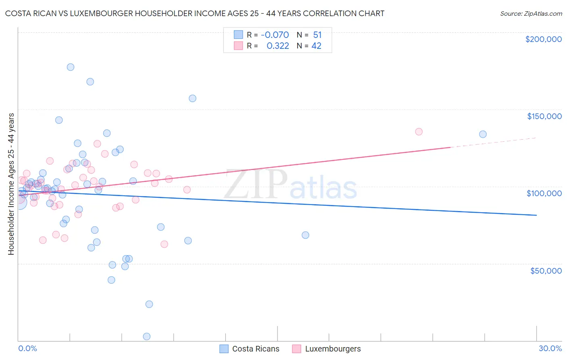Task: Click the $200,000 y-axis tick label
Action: click(x=543, y=39)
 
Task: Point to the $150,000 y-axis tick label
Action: click(x=544, y=116)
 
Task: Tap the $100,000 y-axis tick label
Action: click(x=544, y=193)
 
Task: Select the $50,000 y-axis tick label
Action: click(x=546, y=270)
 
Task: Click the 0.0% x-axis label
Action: click(x=27, y=348)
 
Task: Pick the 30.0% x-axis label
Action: click(x=550, y=348)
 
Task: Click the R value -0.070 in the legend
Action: click(x=275, y=35)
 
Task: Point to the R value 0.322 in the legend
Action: click(x=277, y=46)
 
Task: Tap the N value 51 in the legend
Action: click(x=317, y=35)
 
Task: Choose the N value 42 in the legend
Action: click(x=317, y=46)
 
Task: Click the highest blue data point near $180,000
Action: click(x=71, y=67)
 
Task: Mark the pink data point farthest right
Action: click(x=419, y=132)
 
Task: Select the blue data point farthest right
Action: click(x=483, y=134)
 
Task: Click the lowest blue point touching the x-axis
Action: click(x=147, y=337)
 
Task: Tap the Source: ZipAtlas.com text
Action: click(x=531, y=14)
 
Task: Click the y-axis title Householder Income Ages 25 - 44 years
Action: click(x=11, y=184)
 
